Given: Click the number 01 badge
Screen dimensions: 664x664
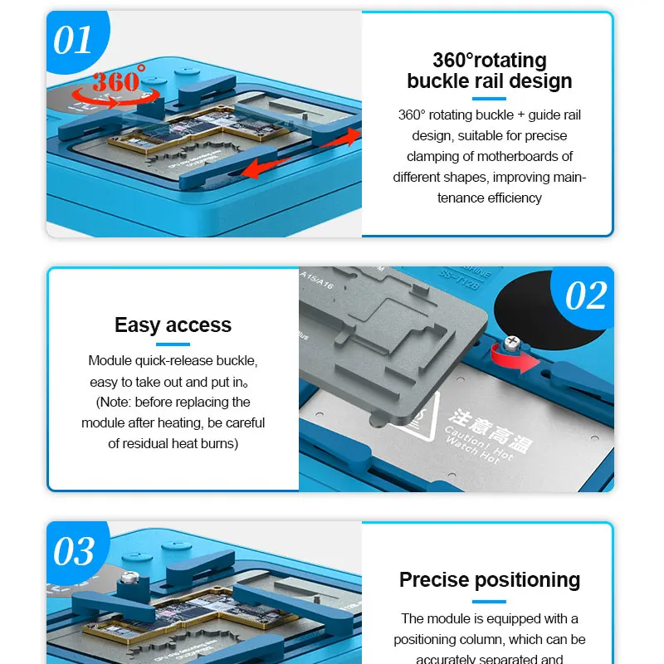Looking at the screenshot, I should pos(72,40).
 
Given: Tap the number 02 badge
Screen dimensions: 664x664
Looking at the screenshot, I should pos(586,295).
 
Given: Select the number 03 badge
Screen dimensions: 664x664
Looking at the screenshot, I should pos(74,551).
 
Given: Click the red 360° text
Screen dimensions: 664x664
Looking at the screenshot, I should pos(117,81).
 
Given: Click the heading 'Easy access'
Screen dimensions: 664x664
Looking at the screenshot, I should pos(173,325).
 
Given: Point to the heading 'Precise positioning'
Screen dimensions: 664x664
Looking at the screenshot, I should pos(489,579).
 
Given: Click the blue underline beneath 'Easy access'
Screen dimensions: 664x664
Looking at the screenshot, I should pos(173,344).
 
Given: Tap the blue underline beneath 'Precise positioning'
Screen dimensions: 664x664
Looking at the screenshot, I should pos(489,600).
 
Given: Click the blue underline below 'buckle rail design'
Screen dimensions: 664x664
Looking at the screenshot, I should pos(489,98).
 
